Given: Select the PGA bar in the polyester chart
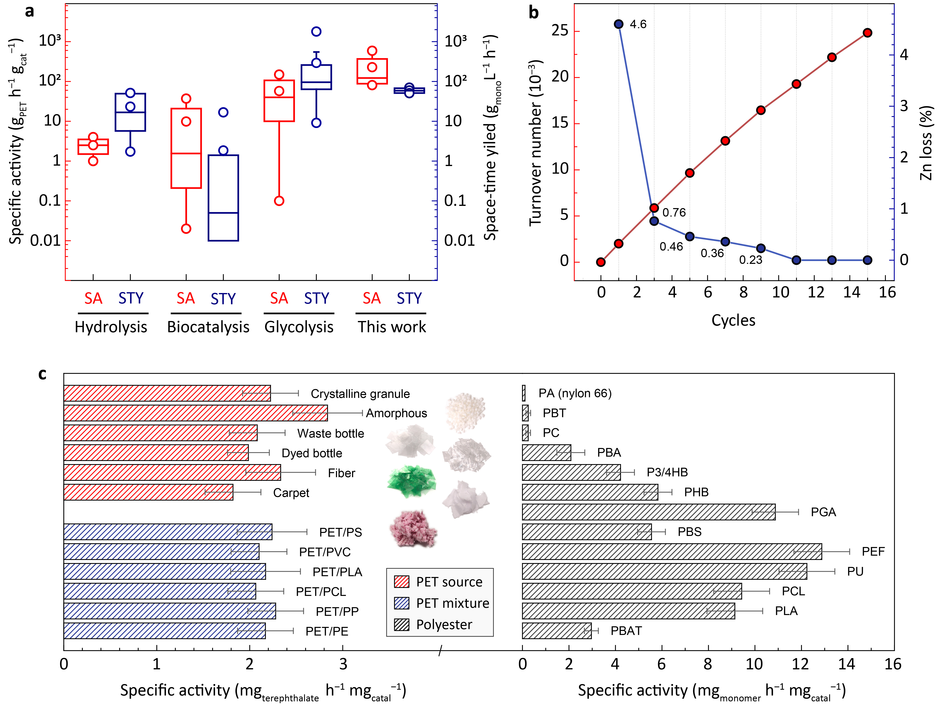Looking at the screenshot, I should pos(648,512).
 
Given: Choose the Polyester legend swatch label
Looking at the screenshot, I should pos(444,624).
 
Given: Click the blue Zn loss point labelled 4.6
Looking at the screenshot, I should pos(618,24).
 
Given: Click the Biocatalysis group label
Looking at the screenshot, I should pos(208,327).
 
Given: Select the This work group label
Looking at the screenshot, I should pos(392,327).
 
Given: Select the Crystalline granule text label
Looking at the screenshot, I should pos(360,394).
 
